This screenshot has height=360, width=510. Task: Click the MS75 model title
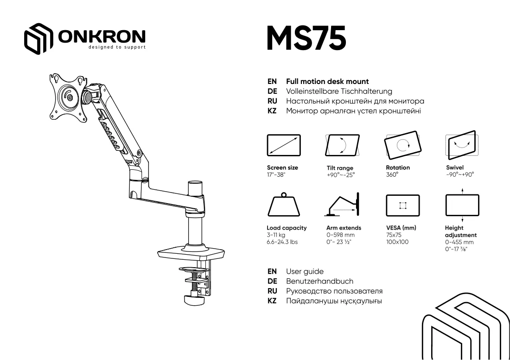click(306, 39)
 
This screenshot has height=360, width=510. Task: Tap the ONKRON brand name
click(102, 36)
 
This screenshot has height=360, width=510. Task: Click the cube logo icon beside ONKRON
click(38, 39)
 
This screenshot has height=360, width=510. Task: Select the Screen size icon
click(284, 145)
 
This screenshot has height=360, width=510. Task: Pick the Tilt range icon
click(343, 145)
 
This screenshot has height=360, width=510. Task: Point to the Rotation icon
click(402, 145)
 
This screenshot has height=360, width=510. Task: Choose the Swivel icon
click(462, 145)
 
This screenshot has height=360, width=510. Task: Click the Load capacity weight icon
click(284, 205)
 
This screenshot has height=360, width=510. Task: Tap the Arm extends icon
click(342, 204)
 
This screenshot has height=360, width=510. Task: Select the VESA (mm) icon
click(402, 206)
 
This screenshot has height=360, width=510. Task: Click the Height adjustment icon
click(462, 205)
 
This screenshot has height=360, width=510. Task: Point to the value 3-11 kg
click(276, 235)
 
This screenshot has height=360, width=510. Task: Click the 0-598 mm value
click(341, 235)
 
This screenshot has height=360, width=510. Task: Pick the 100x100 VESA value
click(397, 242)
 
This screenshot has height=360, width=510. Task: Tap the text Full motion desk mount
click(327, 81)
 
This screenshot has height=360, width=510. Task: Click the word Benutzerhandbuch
click(320, 281)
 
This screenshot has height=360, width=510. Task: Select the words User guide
click(305, 271)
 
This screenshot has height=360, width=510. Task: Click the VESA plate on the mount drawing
click(68, 97)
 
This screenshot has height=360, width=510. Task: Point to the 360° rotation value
click(392, 175)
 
